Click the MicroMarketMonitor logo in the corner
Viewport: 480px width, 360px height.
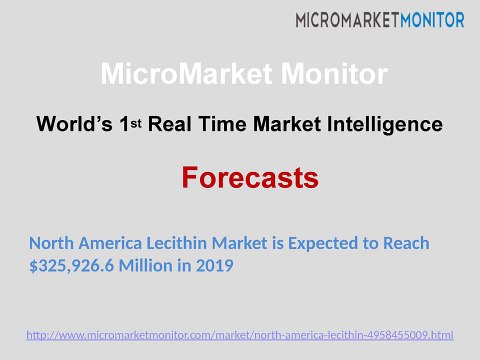pyautogui.click(x=380, y=20)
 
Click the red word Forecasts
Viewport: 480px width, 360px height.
pyautogui.click(x=250, y=178)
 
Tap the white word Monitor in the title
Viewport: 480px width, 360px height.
pyautogui.click(x=334, y=73)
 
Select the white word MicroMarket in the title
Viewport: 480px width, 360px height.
pyautogui.click(x=187, y=73)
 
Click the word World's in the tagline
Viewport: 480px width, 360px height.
pyautogui.click(x=74, y=124)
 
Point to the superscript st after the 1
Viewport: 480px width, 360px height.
pyautogui.click(x=136, y=123)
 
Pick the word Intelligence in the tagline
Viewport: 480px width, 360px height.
pyautogui.click(x=385, y=125)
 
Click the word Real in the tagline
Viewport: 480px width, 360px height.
pyautogui.click(x=170, y=124)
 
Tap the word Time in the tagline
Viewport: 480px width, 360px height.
pyautogui.click(x=222, y=124)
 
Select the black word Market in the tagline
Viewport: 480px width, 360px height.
pyautogui.click(x=287, y=124)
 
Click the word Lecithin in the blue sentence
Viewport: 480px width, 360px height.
pyautogui.click(x=177, y=243)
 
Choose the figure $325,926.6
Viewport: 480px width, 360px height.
pyautogui.click(x=72, y=266)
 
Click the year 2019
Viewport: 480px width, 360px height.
pyautogui.click(x=214, y=266)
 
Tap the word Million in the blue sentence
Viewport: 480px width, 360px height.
pyautogui.click(x=145, y=266)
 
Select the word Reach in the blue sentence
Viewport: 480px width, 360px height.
pyautogui.click(x=406, y=243)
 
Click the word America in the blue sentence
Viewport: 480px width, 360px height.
pyautogui.click(x=110, y=243)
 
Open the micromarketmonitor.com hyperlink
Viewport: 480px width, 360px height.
pyautogui.click(x=240, y=335)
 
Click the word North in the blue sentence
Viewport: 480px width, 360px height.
pyautogui.click(x=51, y=243)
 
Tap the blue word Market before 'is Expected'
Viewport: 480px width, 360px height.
pyautogui.click(x=240, y=243)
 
